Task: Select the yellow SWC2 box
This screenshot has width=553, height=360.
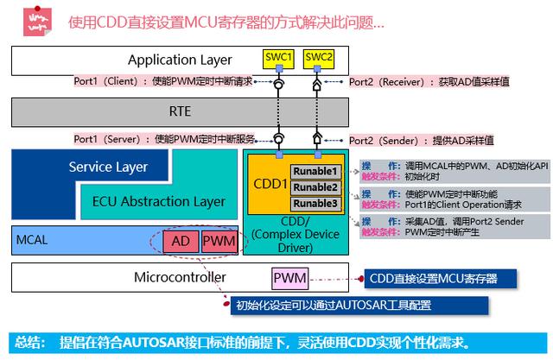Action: pos(319,59)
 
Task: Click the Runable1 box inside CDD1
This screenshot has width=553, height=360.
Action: pos(315,171)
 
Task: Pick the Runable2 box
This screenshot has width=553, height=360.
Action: pos(315,187)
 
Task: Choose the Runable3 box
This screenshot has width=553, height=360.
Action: pos(315,204)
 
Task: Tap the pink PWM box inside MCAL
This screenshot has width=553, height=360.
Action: pos(216,240)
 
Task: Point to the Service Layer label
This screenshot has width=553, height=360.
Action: pos(108,167)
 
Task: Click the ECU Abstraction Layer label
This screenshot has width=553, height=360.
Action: pos(158,201)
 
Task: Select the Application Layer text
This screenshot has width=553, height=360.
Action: pos(180,60)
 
